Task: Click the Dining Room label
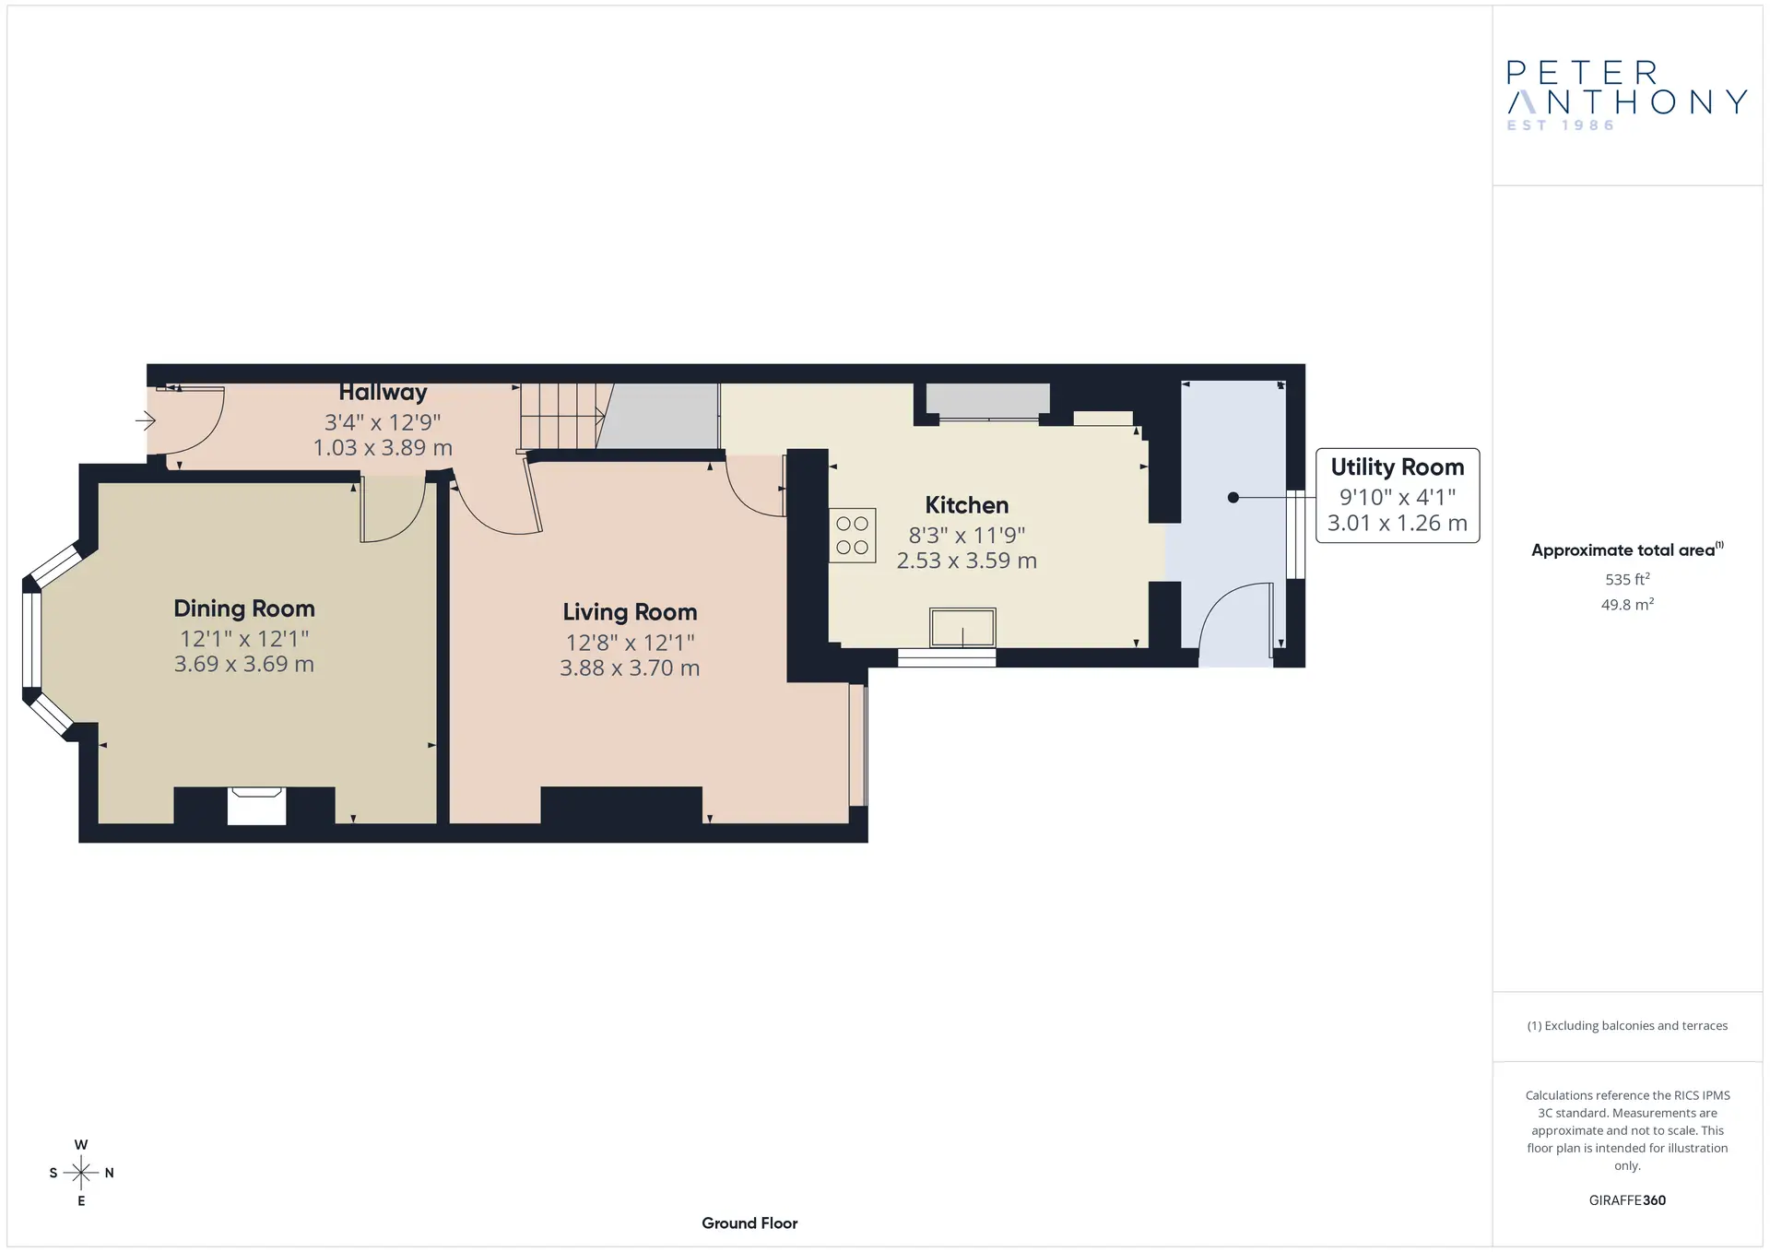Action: point(244,608)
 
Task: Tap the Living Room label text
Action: point(630,612)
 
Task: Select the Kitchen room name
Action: point(966,505)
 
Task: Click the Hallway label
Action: point(383,393)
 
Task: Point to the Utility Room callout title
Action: point(1398,467)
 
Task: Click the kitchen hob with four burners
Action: point(852,536)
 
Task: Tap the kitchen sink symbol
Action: point(962,628)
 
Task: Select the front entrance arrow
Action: point(146,421)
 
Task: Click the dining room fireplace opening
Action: point(256,806)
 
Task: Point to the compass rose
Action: point(81,1173)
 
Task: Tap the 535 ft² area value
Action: point(1627,579)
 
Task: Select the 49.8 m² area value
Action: point(1627,605)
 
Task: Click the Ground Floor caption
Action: point(749,1223)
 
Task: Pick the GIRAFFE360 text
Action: point(1627,1200)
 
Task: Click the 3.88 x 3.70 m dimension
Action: point(630,668)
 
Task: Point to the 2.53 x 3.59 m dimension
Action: point(967,561)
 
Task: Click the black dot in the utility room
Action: point(1233,498)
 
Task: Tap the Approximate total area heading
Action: point(1627,550)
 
